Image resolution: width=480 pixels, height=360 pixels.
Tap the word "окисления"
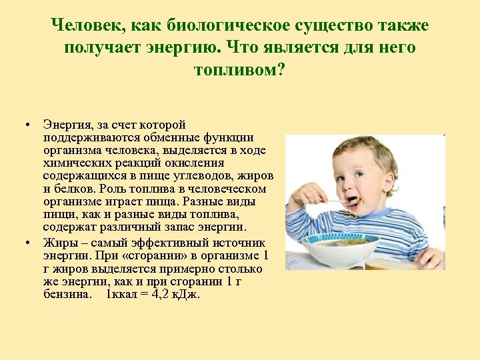[x=198, y=162]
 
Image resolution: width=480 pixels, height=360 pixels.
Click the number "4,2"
[x=159, y=294]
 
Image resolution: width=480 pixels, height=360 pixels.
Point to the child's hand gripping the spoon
[x=303, y=195]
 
